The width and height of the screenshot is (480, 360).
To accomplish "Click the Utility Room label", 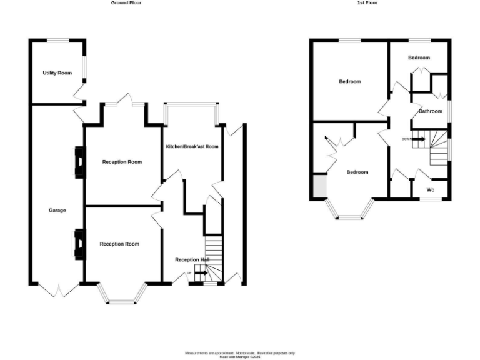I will click(x=57, y=73).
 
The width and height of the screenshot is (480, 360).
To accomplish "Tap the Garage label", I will click(x=57, y=211).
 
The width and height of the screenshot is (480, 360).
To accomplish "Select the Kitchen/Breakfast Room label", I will click(x=192, y=147).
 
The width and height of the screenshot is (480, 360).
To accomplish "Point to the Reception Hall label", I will click(x=192, y=260).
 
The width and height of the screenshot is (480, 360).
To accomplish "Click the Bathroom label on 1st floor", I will click(x=431, y=112).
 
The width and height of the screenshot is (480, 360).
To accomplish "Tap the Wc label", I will click(x=430, y=190).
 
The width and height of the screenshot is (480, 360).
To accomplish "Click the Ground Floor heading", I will click(x=126, y=3).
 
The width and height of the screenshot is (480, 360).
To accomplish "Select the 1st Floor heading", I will click(x=367, y=3).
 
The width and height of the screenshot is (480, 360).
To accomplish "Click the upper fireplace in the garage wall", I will click(x=79, y=162).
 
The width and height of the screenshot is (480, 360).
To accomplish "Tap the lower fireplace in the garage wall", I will click(x=79, y=244).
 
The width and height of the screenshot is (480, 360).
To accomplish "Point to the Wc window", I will click(x=430, y=199).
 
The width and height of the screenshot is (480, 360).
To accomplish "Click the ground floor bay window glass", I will click(x=122, y=302).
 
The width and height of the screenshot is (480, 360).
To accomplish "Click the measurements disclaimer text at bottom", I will click(x=240, y=354).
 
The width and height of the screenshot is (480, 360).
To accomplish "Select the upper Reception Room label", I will click(x=122, y=162).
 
